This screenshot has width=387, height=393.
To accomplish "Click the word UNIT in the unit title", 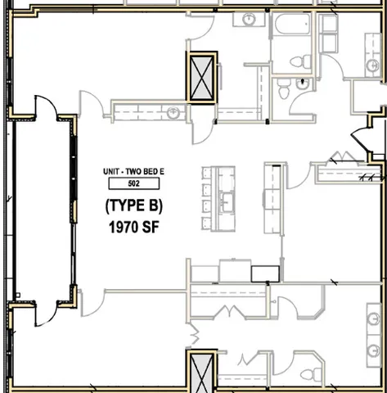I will pyautogui.click(x=112, y=171).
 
